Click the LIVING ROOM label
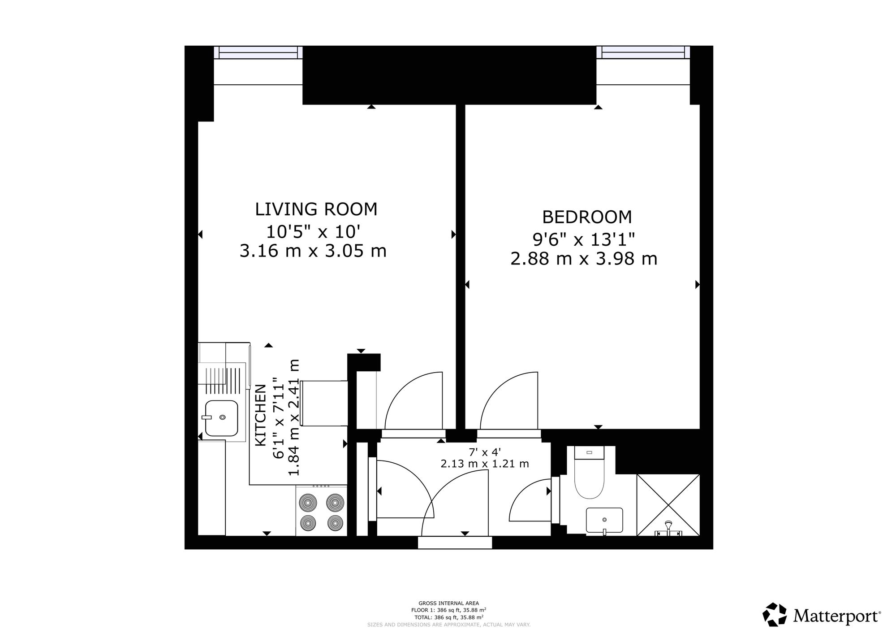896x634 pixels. [316, 209]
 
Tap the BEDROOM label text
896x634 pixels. [587, 217]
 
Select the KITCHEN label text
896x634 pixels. [261, 415]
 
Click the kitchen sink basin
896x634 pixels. [221, 418]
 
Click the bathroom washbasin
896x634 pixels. [604, 520]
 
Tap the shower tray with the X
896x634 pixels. [668, 505]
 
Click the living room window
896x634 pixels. [258, 53]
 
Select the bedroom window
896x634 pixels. [643, 53]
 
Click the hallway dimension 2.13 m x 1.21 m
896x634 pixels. [485, 464]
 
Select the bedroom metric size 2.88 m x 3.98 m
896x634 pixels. [584, 259]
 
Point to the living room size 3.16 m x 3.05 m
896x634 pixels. [313, 251]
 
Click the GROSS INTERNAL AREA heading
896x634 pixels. [448, 603]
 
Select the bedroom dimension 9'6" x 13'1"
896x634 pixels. [584, 239]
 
